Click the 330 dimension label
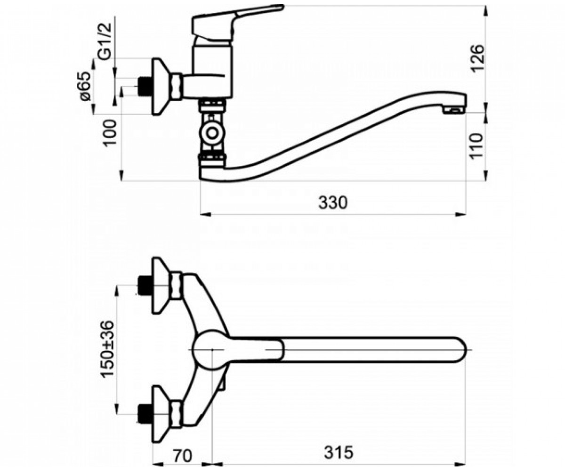332,203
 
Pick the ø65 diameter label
85,86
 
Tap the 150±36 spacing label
107,349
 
